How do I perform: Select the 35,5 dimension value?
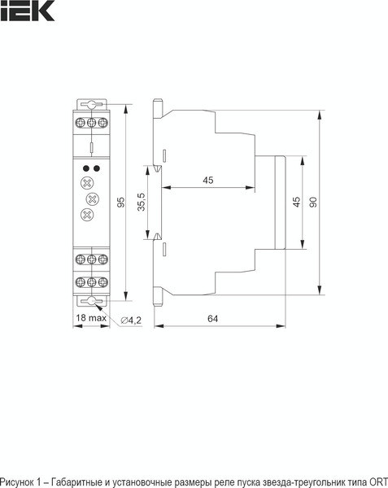click(x=141, y=203)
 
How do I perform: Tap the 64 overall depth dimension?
click(x=212, y=320)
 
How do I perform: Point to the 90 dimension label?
click(x=312, y=201)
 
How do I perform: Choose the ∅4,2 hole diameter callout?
click(x=130, y=320)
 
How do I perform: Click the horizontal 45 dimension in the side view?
click(x=209, y=181)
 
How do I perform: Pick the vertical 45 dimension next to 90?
click(x=296, y=201)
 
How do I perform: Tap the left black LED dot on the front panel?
click(x=86, y=168)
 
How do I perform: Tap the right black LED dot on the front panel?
click(x=97, y=168)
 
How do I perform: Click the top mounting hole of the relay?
click(x=92, y=105)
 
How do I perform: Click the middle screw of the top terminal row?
click(x=92, y=122)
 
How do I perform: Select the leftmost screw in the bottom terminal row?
click(x=81, y=283)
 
